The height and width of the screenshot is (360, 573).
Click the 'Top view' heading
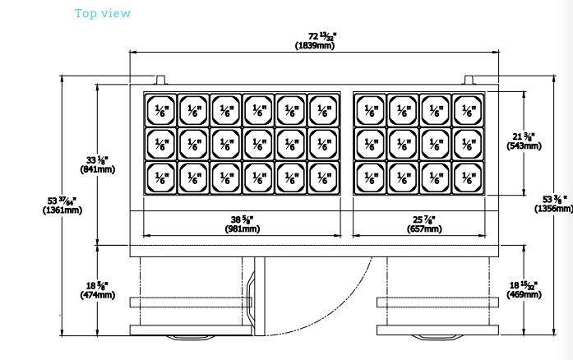(103, 14)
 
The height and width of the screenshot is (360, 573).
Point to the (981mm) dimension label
(241, 228)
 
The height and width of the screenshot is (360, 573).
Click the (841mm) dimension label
(97, 169)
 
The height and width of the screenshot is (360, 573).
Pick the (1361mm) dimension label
(60, 210)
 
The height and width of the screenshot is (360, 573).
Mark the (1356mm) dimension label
(552, 208)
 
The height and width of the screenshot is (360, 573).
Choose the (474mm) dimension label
(99, 295)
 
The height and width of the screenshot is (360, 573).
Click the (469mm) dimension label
(523, 294)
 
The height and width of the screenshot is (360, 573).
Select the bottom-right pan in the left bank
(323, 177)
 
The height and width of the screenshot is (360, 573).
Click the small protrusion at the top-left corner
(160, 79)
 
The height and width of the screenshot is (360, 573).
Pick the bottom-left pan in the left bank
(161, 177)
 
